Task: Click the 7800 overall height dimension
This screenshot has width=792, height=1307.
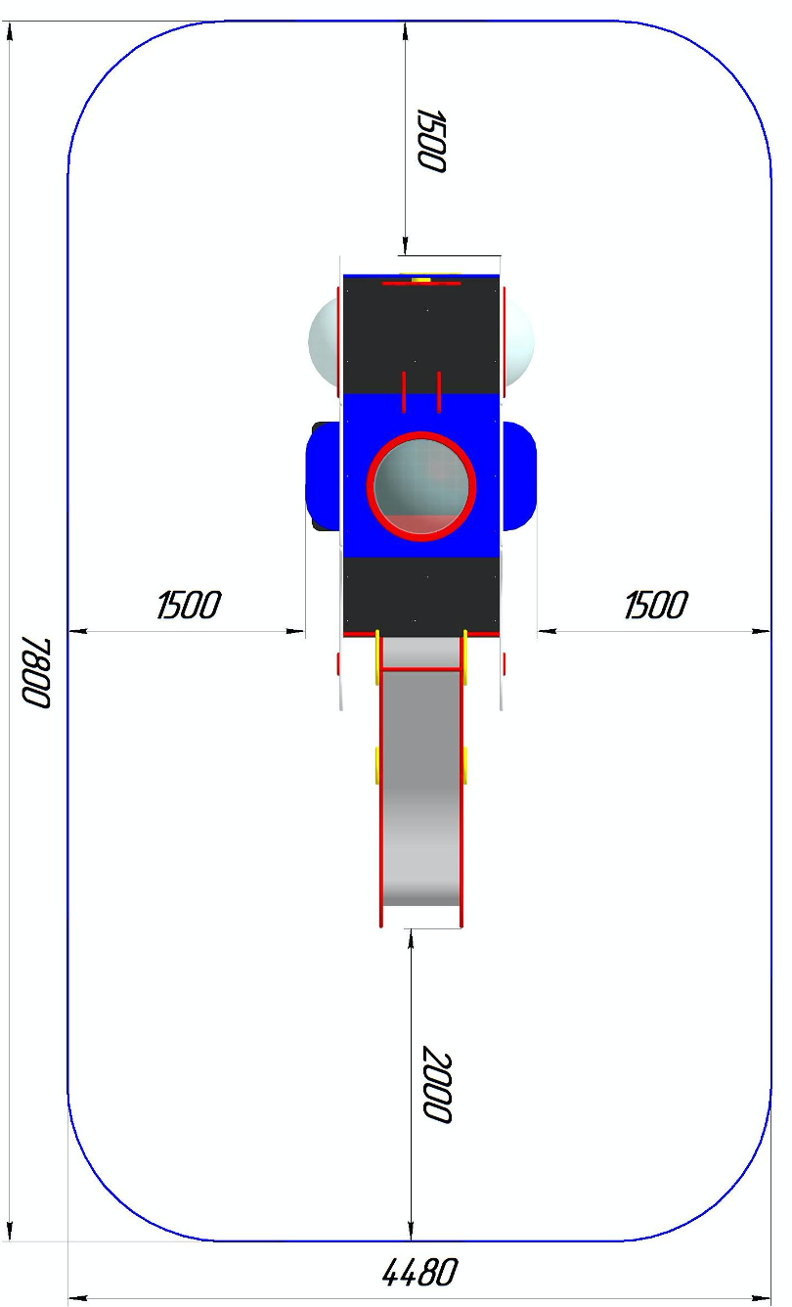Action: point(36,673)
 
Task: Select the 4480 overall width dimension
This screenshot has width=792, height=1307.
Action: point(419,1273)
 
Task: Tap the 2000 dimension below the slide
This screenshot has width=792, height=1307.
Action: point(437,1084)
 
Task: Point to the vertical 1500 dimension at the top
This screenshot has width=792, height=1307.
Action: point(431,140)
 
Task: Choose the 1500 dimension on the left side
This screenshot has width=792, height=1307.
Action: point(189,605)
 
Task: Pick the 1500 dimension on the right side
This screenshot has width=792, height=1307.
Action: point(656,605)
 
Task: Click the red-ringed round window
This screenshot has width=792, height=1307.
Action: point(421,486)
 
